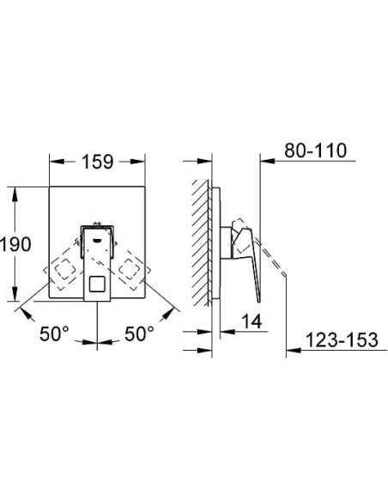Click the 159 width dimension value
point(98,162)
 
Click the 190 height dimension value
point(15,244)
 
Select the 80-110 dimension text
point(315,150)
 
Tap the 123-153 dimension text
point(342,340)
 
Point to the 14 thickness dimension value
point(252,321)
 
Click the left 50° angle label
point(54,334)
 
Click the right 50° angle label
point(139,334)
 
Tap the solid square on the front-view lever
point(97,284)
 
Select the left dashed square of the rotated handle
point(64,269)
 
